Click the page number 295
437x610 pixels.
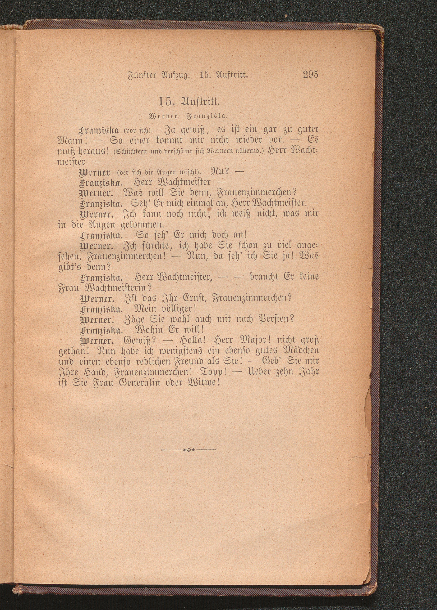[310, 74]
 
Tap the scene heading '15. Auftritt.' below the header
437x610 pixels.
[189, 102]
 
